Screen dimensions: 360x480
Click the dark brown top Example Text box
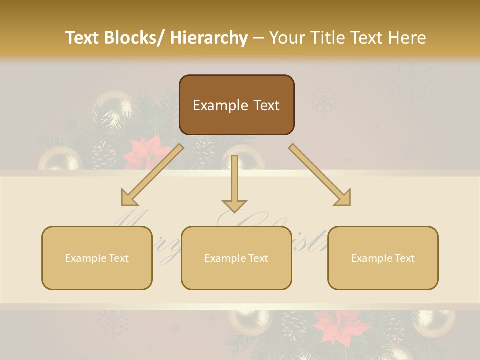pyautogui.click(x=236, y=105)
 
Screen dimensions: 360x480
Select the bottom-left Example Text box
pyautogui.click(x=97, y=258)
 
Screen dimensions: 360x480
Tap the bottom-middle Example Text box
pyautogui.click(x=236, y=258)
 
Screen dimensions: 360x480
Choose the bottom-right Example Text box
pyautogui.click(x=383, y=258)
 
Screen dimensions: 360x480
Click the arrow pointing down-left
pyautogui.click(x=152, y=175)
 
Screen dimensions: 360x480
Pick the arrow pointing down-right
pyautogui.click(x=320, y=175)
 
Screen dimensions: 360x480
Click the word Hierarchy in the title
pyautogui.click(x=209, y=38)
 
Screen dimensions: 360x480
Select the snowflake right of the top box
pyautogui.click(x=324, y=101)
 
